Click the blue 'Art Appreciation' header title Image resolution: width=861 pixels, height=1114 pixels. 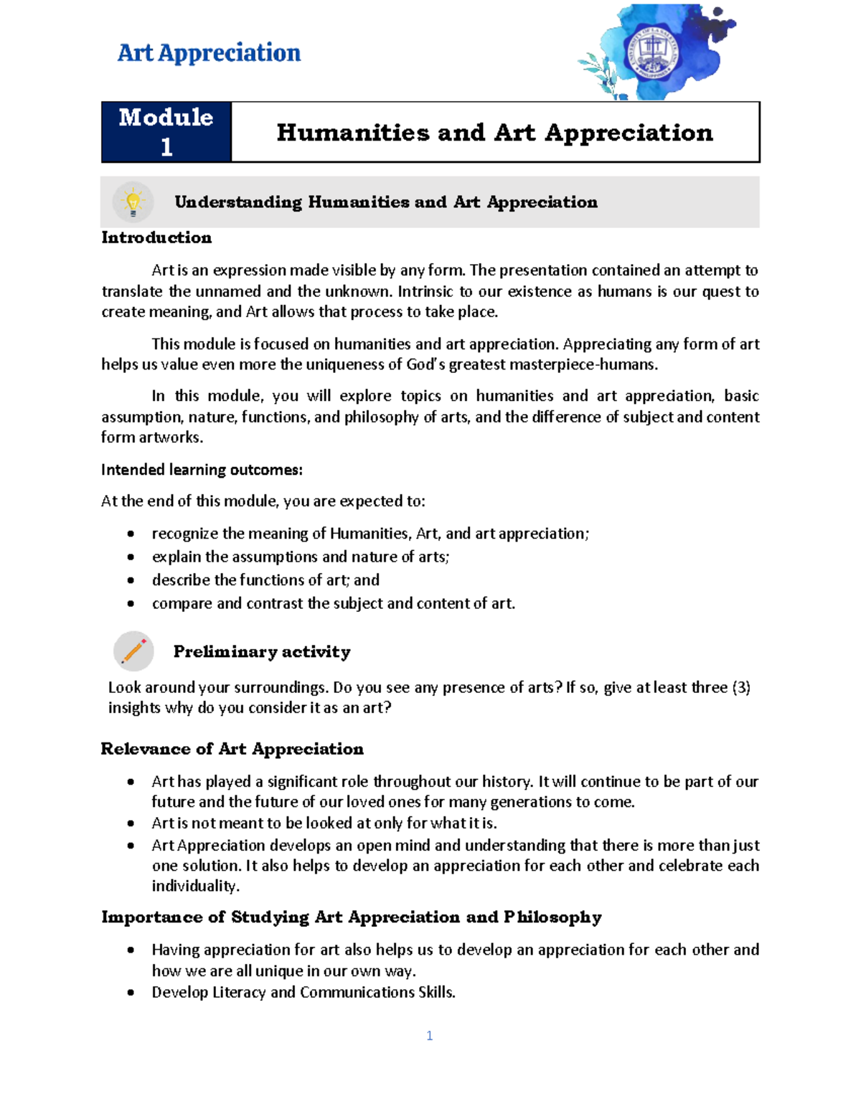coord(209,53)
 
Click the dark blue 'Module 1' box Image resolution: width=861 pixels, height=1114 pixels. coord(166,132)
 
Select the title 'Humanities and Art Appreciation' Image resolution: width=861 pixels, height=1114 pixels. coord(494,133)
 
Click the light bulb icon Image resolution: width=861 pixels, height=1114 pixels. coord(133,202)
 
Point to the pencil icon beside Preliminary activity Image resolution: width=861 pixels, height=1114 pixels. coord(133,651)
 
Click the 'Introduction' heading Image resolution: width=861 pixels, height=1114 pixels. coord(156,237)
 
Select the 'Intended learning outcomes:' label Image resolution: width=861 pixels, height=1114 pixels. coord(202,470)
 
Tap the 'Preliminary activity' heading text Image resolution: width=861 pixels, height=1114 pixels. coord(262,651)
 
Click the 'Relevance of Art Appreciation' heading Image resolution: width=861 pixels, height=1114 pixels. coord(232,749)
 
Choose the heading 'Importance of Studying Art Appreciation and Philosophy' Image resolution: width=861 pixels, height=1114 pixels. coord(351,917)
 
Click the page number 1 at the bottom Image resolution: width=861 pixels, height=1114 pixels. coord(429,1035)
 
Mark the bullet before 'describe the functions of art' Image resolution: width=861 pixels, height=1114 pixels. coord(131,580)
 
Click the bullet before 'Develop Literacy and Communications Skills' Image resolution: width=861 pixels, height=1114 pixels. coord(131,993)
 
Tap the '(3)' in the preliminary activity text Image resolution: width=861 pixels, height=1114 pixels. coord(740,687)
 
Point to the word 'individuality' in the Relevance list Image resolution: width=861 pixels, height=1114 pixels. coord(194,886)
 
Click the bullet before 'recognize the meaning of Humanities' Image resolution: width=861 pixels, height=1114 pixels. coord(131,534)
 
